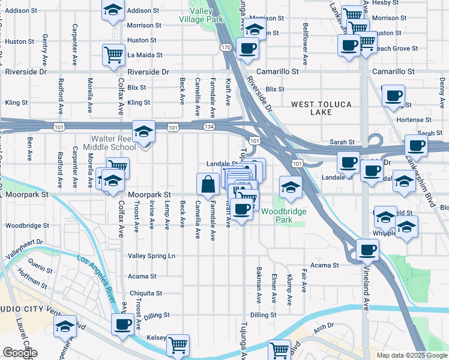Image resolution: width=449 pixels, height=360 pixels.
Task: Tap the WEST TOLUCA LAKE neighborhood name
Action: [x=321, y=108]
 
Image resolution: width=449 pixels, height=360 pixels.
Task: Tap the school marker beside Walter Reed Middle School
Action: [x=144, y=132]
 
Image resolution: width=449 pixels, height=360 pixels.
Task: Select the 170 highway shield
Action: [x=226, y=47]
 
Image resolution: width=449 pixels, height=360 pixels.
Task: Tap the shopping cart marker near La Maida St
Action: [x=113, y=55]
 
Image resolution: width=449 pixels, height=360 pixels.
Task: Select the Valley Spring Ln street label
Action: [x=151, y=256]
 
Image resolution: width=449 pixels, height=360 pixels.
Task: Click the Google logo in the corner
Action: [x=20, y=353]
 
